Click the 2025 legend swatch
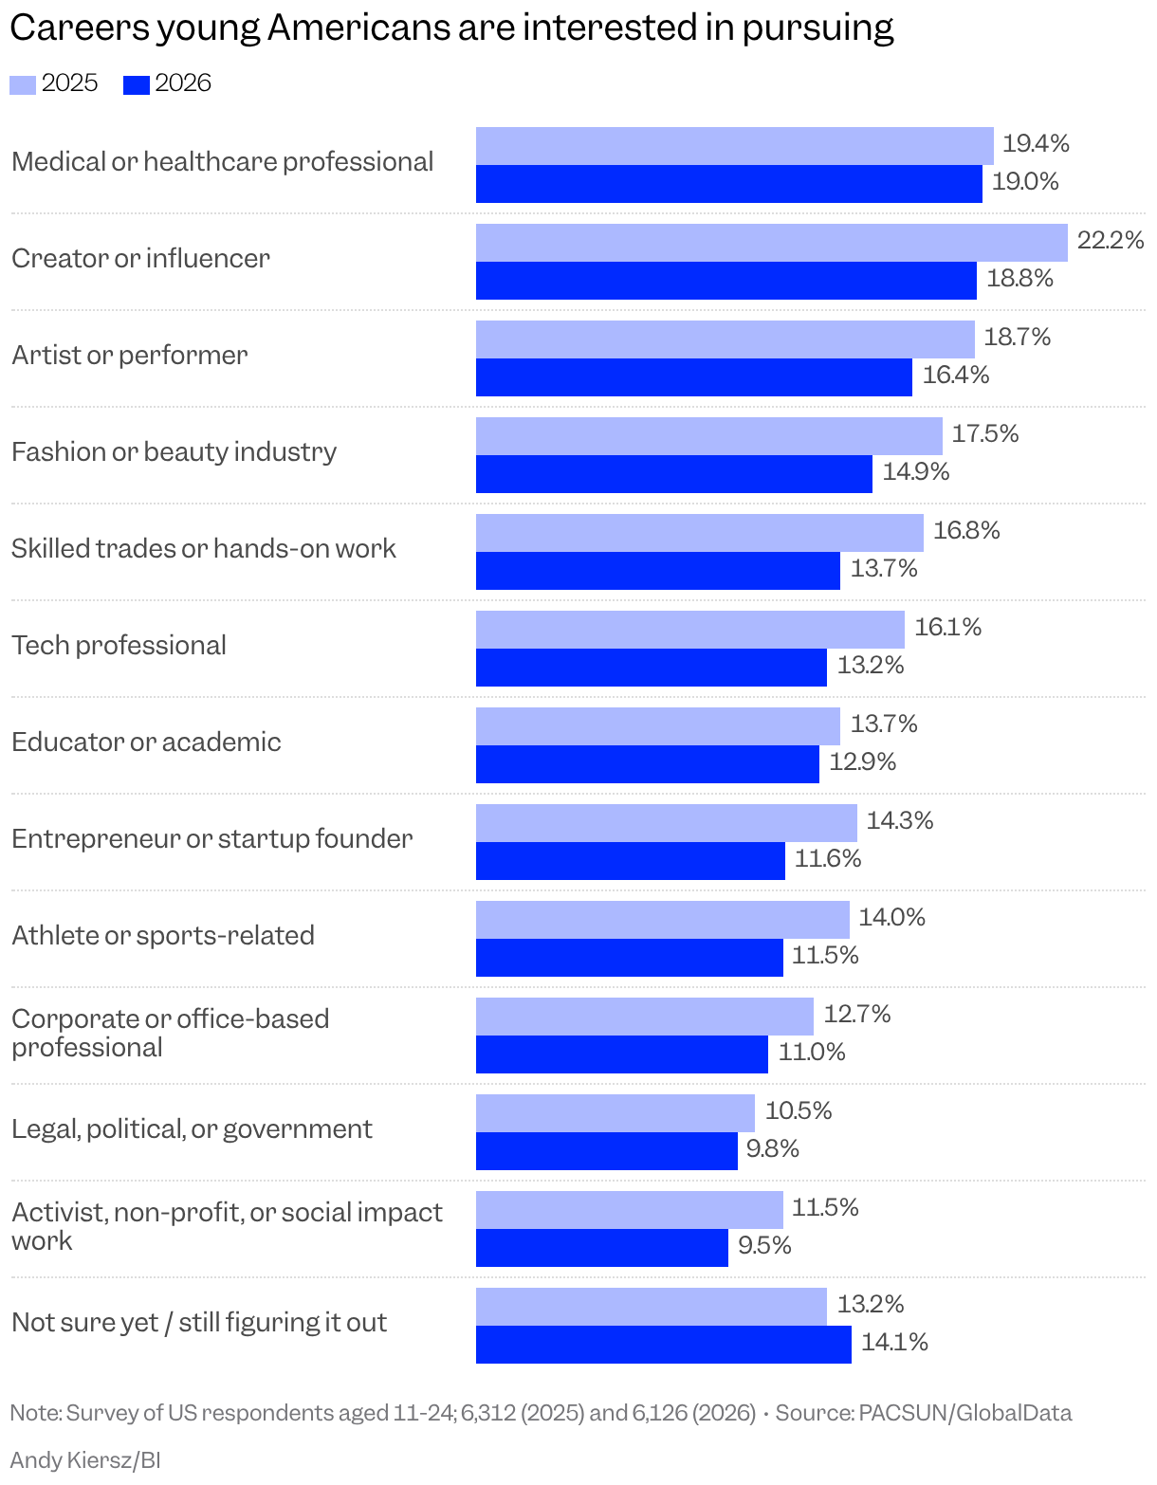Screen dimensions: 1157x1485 (x=23, y=84)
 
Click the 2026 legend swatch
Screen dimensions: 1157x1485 (x=136, y=84)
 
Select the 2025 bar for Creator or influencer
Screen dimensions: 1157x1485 (x=772, y=243)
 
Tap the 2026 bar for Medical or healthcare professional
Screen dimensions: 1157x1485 (x=729, y=184)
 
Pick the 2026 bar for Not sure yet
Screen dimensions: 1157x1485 (x=664, y=1345)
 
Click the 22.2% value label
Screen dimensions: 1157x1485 (x=1111, y=240)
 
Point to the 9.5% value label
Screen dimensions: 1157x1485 (x=764, y=1245)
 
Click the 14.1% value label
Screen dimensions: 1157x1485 (x=894, y=1342)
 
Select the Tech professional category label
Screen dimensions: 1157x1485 (x=119, y=645)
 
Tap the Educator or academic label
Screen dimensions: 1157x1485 (x=146, y=742)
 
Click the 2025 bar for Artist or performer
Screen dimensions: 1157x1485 (x=725, y=339)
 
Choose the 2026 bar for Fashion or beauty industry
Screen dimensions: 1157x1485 (x=674, y=474)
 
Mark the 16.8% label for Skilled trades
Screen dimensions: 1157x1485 (x=966, y=530)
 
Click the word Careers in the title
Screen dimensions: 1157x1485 (x=80, y=28)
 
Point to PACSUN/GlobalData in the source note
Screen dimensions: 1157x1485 (x=965, y=1413)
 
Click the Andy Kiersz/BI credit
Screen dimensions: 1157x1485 (x=85, y=1459)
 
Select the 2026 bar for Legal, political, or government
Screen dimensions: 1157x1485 (x=607, y=1151)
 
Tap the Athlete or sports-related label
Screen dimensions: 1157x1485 (x=163, y=935)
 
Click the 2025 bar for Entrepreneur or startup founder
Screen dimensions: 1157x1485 (x=667, y=823)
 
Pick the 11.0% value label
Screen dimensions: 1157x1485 (x=812, y=1052)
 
